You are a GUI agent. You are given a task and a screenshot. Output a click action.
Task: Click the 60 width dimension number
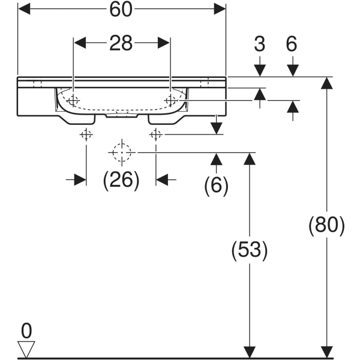coord(122,10)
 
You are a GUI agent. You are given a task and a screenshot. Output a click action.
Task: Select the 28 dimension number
coord(122,43)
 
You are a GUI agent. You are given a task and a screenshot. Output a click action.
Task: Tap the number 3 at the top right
coord(259,43)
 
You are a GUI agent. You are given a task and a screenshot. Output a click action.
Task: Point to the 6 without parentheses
coord(292,43)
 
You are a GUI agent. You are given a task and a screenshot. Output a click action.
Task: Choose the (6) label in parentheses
coord(217,185)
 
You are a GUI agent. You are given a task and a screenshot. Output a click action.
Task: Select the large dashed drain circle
coord(121,153)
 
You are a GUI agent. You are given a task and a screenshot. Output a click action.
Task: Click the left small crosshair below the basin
coord(86,135)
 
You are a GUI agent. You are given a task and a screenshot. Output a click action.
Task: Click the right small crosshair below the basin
coord(156,135)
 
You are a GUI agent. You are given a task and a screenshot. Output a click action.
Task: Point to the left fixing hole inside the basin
coord(73,100)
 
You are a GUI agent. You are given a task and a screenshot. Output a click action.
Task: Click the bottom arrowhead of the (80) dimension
coord(326,351)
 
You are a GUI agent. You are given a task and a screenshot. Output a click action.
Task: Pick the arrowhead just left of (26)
coord(80,179)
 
